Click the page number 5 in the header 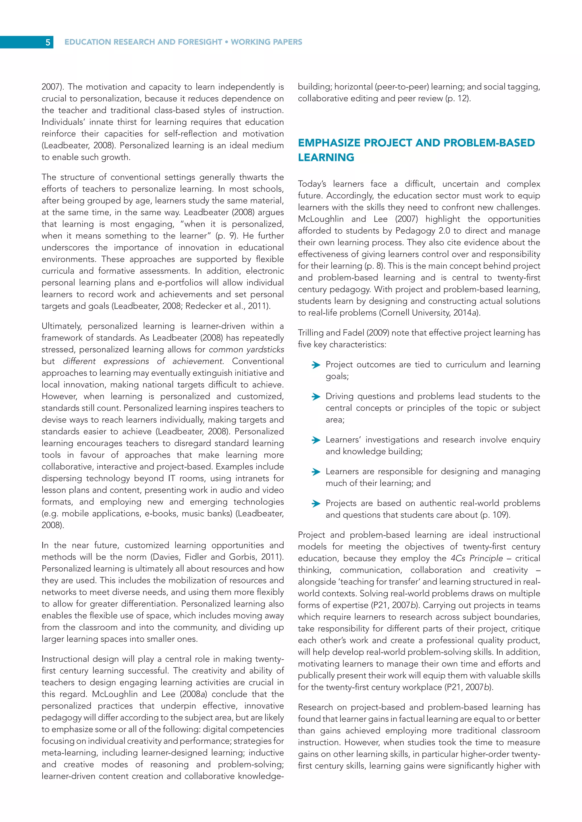coord(48,42)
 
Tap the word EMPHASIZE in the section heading coord(329,143)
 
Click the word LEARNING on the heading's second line coord(326,158)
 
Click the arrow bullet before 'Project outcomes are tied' coord(316,365)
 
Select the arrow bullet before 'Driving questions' coord(316,397)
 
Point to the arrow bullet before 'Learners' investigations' coord(316,440)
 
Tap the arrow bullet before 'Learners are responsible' coord(316,472)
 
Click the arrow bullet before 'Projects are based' coord(316,504)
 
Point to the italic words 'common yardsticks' coord(246,349)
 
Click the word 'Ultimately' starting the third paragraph coord(62,326)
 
